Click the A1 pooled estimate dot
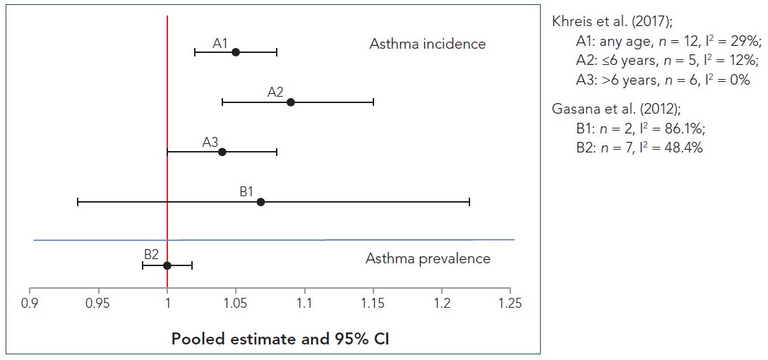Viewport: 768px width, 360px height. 236,52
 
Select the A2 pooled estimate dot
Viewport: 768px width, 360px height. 291,102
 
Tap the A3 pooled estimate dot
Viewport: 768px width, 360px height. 222,152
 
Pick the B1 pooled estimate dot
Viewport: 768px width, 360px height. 260,202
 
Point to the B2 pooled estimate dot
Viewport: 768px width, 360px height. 167,265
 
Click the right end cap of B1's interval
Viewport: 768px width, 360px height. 469,202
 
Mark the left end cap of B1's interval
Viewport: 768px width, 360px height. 78,202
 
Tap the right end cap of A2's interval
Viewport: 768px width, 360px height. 373,102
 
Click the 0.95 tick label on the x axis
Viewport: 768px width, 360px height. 98,304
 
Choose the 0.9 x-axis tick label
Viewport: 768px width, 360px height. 30,304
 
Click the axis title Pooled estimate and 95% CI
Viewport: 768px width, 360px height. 280,339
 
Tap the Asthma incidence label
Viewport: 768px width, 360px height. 427,44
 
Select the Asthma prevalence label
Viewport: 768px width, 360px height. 427,258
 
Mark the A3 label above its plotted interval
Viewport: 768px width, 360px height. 210,142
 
